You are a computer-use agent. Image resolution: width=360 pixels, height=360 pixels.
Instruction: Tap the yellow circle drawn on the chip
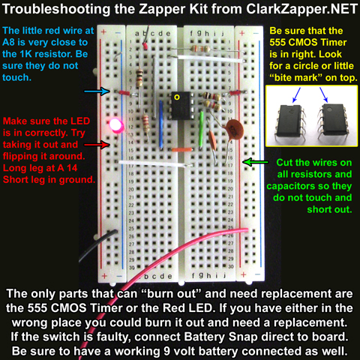coord(177,97)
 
